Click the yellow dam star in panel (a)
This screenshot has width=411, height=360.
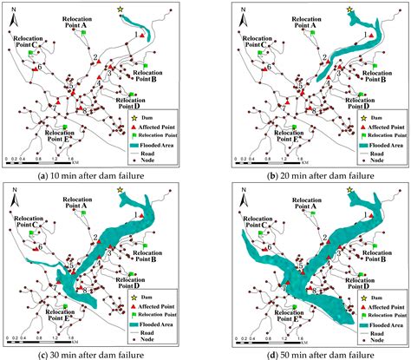(121, 10)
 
